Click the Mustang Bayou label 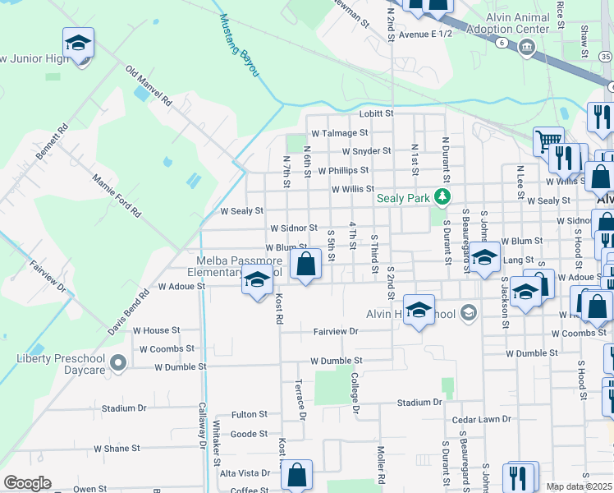[239, 50]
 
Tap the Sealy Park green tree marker [442, 196]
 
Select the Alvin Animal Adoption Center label [506, 22]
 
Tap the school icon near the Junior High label [78, 43]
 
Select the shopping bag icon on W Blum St [305, 265]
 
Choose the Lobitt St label [376, 113]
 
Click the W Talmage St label [339, 132]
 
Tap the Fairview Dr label [336, 331]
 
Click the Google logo [27, 482]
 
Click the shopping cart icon [548, 141]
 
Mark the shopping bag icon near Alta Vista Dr [296, 474]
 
